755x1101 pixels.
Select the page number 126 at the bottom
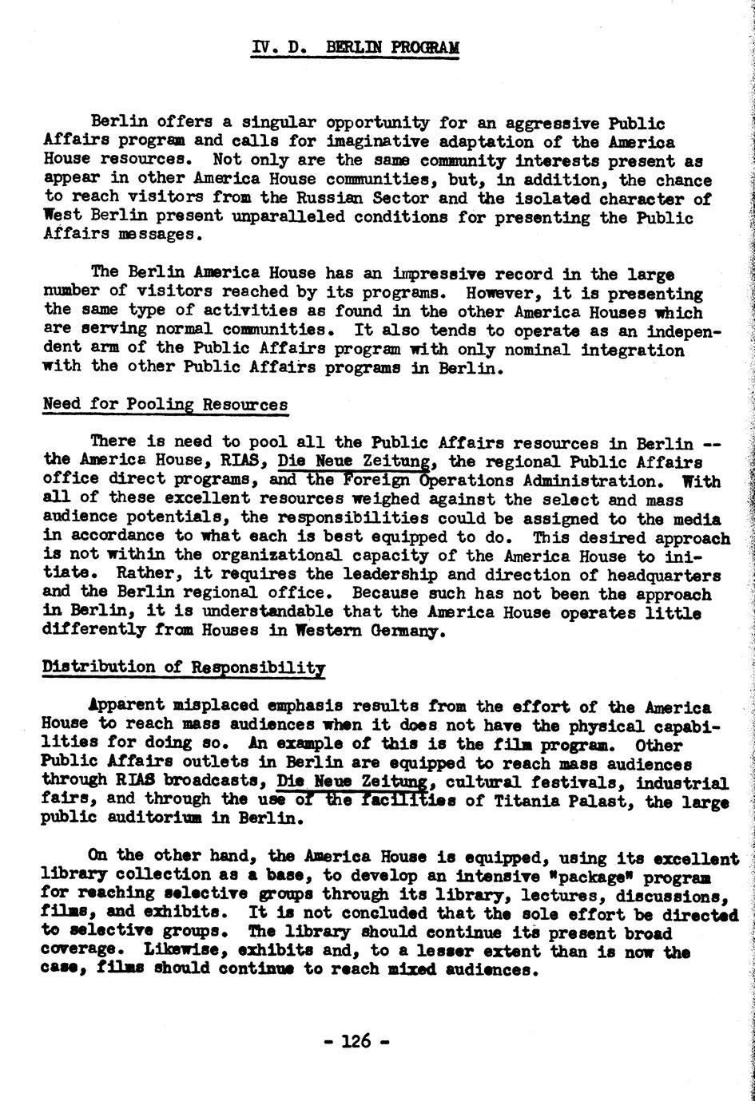(356, 1040)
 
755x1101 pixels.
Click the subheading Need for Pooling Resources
(165, 404)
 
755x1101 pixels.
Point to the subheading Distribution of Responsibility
(183, 667)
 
